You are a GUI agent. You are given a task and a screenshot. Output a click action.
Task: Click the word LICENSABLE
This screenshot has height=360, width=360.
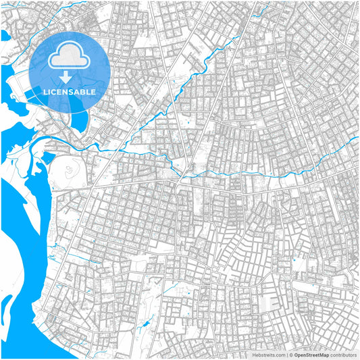click(70, 91)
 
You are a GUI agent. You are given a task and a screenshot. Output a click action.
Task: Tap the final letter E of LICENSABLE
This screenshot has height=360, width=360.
click(93, 91)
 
